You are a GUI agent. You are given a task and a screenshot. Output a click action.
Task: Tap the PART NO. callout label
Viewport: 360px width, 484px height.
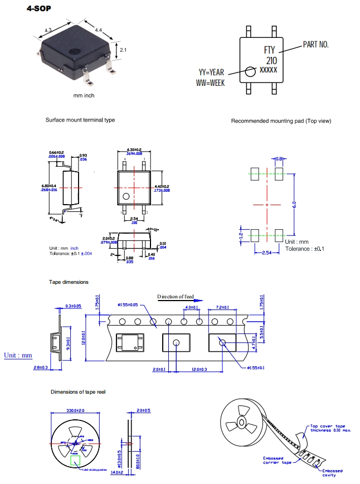[315, 43]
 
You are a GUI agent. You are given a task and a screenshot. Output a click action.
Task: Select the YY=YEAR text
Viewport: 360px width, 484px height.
[212, 72]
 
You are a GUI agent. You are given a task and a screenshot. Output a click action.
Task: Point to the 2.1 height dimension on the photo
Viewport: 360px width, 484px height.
[123, 50]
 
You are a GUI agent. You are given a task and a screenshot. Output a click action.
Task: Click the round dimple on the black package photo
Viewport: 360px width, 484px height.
[74, 52]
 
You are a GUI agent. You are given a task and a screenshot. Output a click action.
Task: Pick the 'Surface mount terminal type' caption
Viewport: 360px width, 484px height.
[80, 120]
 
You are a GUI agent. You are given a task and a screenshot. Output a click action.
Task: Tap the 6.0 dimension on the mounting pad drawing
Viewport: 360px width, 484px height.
[301, 204]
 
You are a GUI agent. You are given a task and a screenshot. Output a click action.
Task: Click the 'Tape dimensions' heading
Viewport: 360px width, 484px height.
[69, 282]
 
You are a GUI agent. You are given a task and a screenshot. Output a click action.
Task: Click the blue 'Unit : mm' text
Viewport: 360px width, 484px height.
[18, 355]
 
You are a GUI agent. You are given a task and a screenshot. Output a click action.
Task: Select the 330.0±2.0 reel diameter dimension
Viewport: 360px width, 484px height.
[76, 410]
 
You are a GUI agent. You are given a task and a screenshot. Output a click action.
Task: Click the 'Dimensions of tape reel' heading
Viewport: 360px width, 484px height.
[78, 393]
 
